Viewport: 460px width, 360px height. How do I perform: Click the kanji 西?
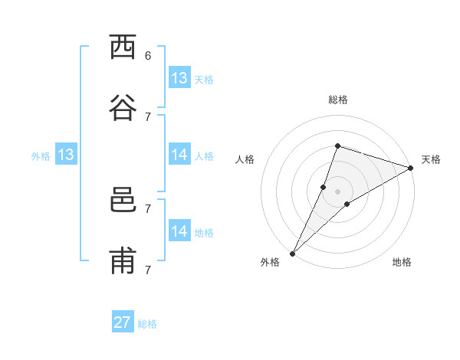123,47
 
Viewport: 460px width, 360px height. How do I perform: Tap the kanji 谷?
123,108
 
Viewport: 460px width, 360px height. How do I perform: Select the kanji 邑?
123,201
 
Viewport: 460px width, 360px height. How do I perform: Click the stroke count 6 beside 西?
148,55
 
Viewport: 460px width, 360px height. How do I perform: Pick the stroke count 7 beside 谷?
148,116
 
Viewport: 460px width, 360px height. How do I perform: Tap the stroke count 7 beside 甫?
148,270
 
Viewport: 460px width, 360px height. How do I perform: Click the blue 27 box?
123,322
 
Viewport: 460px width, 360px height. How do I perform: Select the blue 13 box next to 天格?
179,77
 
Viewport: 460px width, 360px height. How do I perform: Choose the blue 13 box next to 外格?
66,155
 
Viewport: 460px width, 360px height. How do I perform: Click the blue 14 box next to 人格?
179,155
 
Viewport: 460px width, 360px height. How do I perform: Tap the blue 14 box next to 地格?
179,231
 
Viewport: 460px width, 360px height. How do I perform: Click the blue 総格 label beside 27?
147,324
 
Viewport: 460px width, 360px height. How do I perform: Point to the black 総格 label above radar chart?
337,100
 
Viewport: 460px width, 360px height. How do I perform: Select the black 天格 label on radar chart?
431,159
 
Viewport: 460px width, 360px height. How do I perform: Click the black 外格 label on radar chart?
270,262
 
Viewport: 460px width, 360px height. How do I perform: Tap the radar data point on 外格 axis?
292,253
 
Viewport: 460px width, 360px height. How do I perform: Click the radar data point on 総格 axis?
337,146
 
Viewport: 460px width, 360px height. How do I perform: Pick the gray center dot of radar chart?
337,191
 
